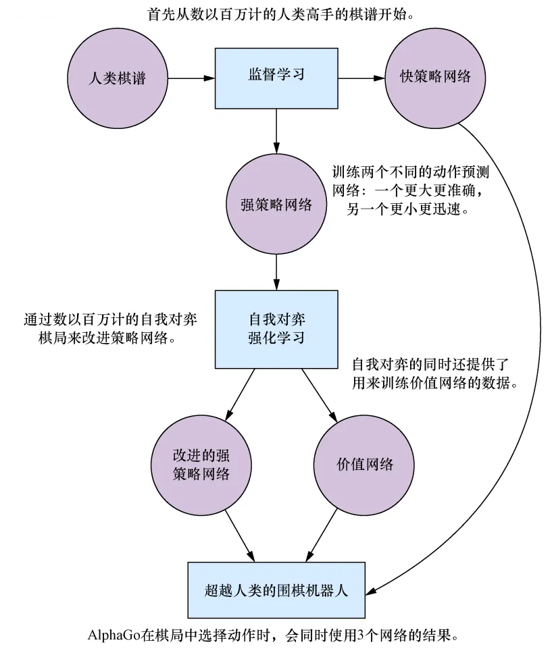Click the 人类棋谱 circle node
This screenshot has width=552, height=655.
117,78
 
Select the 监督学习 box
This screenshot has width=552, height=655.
276,78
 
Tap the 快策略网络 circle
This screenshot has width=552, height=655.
435,78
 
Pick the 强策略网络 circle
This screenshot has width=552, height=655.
276,204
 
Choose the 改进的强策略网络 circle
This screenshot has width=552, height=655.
201,465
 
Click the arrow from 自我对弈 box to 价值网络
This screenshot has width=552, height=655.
320,393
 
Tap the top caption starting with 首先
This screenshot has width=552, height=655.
276,14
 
